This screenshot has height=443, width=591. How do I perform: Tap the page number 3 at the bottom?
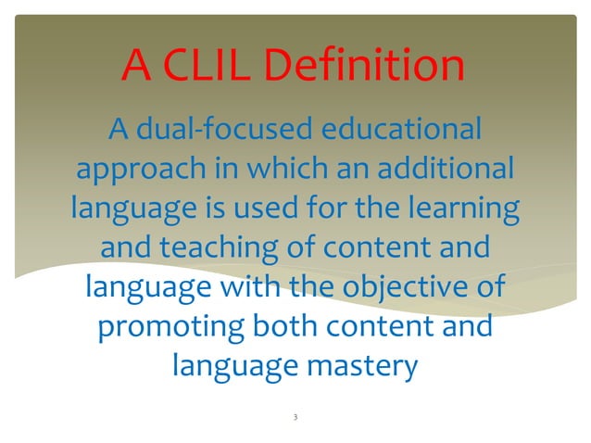click(294, 418)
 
